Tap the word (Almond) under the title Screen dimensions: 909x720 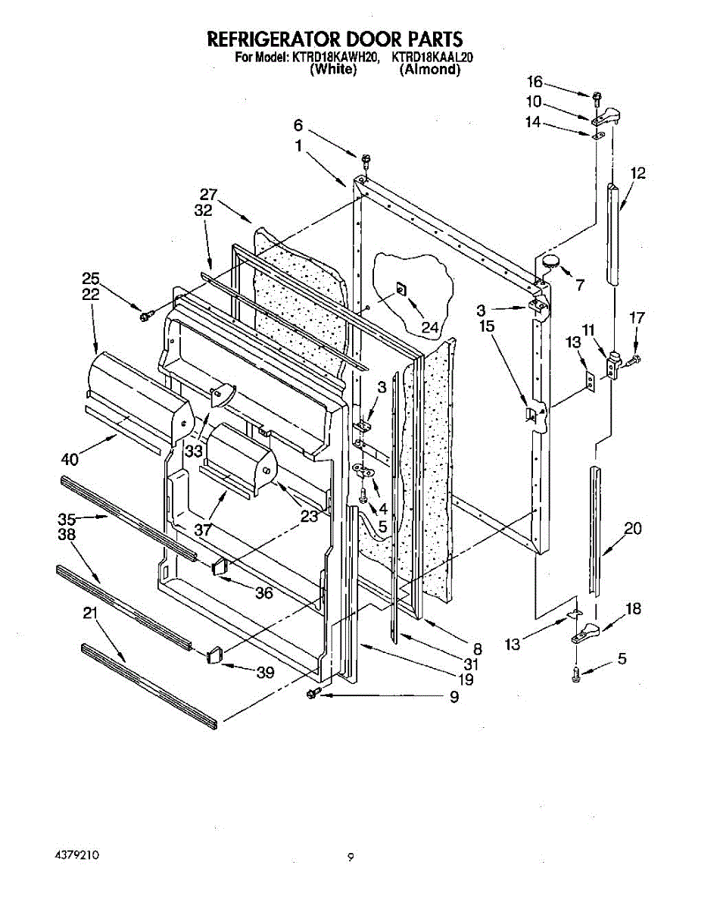click(x=429, y=69)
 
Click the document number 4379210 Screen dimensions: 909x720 click(x=77, y=854)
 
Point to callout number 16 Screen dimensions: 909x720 click(x=535, y=83)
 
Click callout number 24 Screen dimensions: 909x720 click(x=430, y=328)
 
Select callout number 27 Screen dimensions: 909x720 click(x=208, y=194)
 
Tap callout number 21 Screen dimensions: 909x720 click(x=91, y=613)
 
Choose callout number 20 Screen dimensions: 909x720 click(x=633, y=529)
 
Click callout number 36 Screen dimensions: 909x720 click(x=263, y=593)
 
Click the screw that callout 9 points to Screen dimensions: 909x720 click(x=313, y=694)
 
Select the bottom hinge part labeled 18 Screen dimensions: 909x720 click(x=586, y=630)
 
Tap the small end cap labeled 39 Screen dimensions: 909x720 click(x=213, y=653)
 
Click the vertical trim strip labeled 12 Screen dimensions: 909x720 click(x=613, y=235)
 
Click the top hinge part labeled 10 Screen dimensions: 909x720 click(x=609, y=115)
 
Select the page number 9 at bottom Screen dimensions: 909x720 click(x=351, y=857)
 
